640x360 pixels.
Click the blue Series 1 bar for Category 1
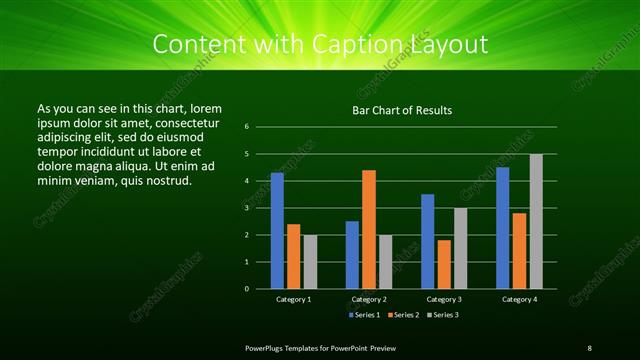[x=277, y=231]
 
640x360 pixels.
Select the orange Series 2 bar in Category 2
[x=369, y=229]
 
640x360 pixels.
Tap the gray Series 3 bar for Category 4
[x=536, y=221]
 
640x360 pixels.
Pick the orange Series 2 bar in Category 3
[x=444, y=264]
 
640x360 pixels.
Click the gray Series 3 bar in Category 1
[x=310, y=261]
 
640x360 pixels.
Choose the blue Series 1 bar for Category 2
[x=352, y=255]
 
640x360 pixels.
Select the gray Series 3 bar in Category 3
[x=460, y=248]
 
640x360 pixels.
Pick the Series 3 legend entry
[x=444, y=315]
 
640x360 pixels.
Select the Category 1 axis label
[x=294, y=299]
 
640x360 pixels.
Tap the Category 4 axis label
[x=519, y=299]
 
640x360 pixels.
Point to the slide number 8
[x=589, y=347]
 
